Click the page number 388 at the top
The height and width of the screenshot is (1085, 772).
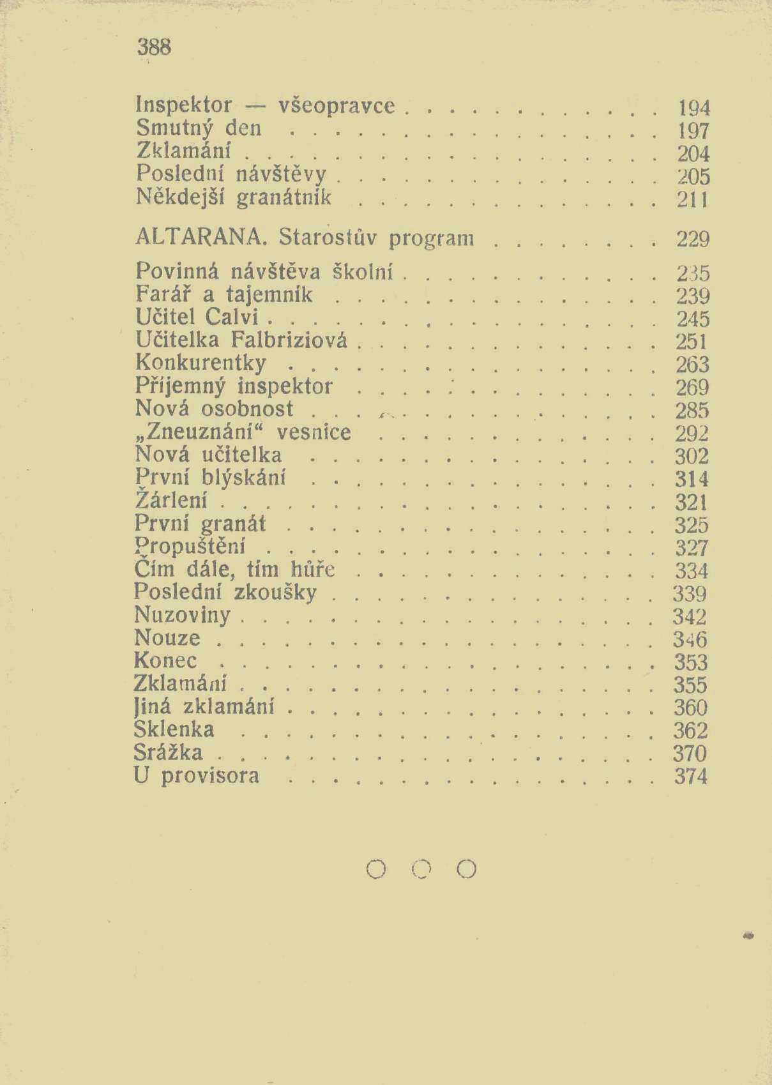(154, 47)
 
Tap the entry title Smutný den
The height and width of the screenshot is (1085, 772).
(199, 129)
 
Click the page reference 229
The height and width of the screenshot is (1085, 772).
(693, 239)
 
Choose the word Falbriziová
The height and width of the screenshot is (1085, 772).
(289, 340)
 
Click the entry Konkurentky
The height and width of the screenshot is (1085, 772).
(201, 363)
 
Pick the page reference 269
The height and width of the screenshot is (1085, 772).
(692, 387)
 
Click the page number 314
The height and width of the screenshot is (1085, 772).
(692, 478)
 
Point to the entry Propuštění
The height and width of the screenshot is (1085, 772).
(190, 547)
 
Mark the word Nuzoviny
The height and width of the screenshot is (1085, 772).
(182, 615)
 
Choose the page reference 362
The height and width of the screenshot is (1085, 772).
(690, 730)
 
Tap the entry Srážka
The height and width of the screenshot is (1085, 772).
(169, 752)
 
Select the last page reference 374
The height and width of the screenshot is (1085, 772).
(690, 776)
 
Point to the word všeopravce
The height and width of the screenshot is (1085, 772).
(337, 105)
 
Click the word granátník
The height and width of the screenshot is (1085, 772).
(284, 197)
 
